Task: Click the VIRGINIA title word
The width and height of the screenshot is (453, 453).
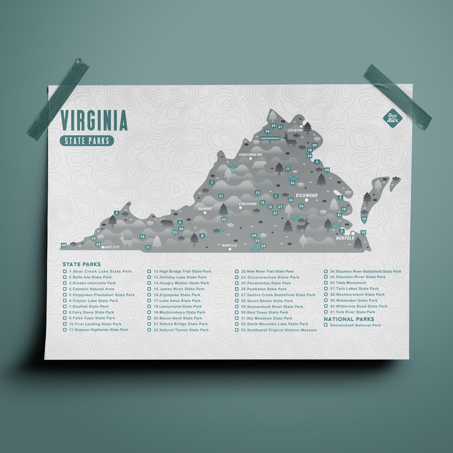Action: (94, 120)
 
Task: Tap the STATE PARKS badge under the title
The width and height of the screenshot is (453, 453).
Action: (87, 141)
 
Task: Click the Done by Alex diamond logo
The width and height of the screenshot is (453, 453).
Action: (393, 118)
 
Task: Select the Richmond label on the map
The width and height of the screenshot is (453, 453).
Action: (306, 195)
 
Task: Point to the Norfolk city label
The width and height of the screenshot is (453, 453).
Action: (345, 238)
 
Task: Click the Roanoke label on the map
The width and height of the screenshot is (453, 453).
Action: (205, 208)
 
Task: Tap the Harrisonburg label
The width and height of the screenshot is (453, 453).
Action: (250, 155)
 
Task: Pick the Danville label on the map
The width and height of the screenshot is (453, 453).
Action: (229, 245)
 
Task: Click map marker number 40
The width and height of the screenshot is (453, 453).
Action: (64, 245)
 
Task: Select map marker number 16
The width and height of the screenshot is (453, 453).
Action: (364, 219)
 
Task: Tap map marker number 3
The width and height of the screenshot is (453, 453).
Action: (116, 213)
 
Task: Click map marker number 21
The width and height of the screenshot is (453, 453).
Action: (221, 196)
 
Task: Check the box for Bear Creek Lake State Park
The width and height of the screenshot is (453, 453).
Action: (65, 271)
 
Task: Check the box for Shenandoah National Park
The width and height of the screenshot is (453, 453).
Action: (326, 325)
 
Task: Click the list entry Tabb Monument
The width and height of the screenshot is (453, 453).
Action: (351, 283)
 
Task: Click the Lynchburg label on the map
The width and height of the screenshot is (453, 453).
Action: (247, 204)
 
